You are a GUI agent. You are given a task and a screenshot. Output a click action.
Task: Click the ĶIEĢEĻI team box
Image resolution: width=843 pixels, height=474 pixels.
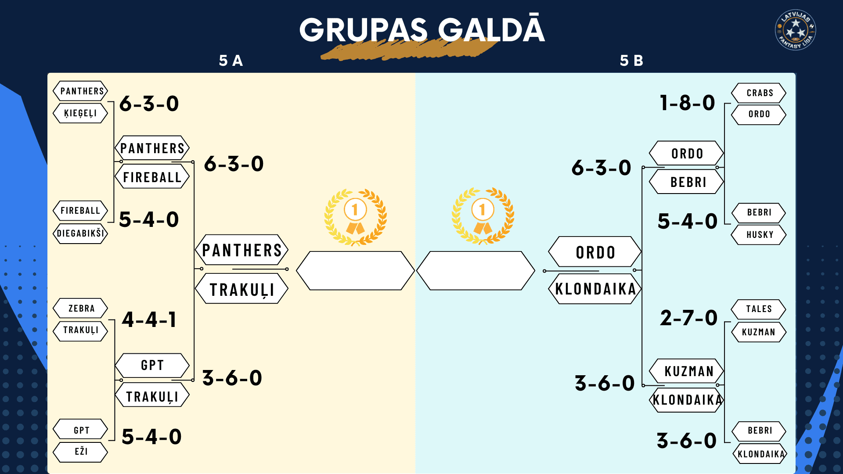tap(80, 113)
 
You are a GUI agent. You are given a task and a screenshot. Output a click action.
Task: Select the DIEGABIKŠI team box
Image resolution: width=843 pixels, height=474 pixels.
tap(80, 233)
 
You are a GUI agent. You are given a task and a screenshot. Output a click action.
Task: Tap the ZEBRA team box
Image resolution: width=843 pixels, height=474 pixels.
tap(80, 308)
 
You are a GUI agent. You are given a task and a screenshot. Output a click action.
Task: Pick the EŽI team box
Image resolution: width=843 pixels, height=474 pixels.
tap(80, 452)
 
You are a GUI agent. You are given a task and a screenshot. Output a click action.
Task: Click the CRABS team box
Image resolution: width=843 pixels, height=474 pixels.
tap(759, 93)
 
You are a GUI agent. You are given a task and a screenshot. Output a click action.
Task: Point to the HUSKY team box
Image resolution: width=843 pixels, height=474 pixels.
tap(759, 234)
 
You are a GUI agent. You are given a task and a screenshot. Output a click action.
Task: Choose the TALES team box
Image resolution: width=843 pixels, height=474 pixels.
tap(759, 309)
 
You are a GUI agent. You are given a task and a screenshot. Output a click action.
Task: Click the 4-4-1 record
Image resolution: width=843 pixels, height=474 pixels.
tap(149, 320)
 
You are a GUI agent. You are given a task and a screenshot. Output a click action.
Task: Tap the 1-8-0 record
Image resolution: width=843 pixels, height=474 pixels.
tap(688, 103)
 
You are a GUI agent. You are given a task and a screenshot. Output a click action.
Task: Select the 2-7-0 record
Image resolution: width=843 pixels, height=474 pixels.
tap(688, 318)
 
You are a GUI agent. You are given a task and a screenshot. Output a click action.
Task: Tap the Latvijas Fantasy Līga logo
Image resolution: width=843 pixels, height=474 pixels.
tap(796, 30)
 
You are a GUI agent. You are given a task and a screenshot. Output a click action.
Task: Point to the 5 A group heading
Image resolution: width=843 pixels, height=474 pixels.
tap(231, 61)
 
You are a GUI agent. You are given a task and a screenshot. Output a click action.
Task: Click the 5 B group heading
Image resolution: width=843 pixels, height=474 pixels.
tap(631, 61)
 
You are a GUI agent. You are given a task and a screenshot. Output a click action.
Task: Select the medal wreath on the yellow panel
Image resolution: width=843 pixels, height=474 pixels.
tap(355, 216)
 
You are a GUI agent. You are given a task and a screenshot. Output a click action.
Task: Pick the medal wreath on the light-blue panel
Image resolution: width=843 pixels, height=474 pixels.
tap(483, 215)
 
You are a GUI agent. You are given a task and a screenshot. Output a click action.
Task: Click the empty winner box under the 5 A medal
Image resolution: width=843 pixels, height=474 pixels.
tap(355, 271)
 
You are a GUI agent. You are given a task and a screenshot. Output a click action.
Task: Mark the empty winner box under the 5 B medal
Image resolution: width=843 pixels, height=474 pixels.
tap(476, 271)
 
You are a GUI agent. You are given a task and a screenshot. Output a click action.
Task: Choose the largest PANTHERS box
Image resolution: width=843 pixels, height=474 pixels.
tap(241, 250)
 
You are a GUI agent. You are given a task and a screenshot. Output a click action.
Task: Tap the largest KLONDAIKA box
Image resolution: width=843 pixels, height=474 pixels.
tap(595, 289)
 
